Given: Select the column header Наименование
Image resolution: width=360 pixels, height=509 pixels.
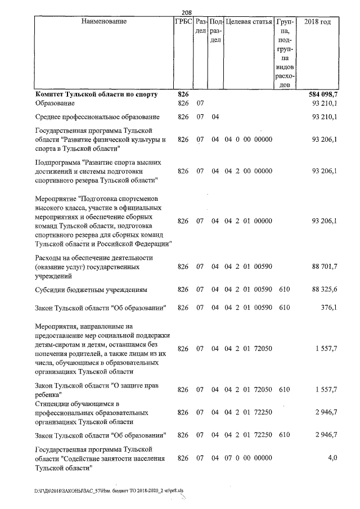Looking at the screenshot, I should tap(103, 22).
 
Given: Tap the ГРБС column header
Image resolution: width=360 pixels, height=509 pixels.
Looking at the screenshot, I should tap(183, 22).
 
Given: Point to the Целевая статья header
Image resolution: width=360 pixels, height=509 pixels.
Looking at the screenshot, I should tap(248, 22).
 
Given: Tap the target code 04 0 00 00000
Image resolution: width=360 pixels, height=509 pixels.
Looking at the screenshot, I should tap(248, 139).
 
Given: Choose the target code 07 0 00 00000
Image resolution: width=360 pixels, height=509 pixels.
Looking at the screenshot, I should tap(248, 458).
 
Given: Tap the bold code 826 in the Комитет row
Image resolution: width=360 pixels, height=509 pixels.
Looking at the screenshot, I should tap(183, 94).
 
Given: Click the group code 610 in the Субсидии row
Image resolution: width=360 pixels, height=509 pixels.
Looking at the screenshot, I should tap(284, 290).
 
